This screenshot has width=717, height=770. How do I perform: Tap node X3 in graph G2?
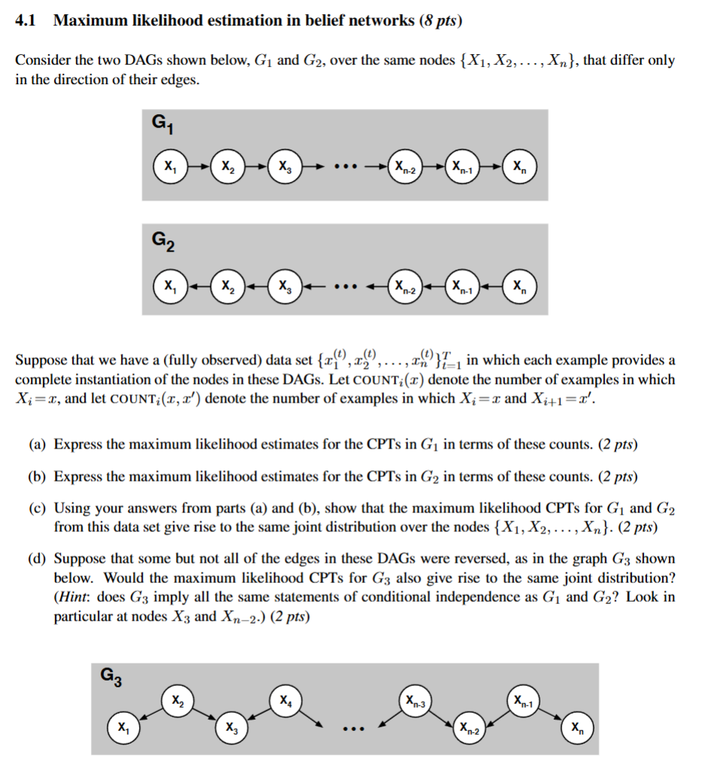coord(283,286)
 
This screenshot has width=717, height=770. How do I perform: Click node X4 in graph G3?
coord(286,702)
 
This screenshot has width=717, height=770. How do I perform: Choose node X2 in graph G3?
coord(177,702)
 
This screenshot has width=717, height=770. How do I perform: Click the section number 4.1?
coord(26,21)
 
